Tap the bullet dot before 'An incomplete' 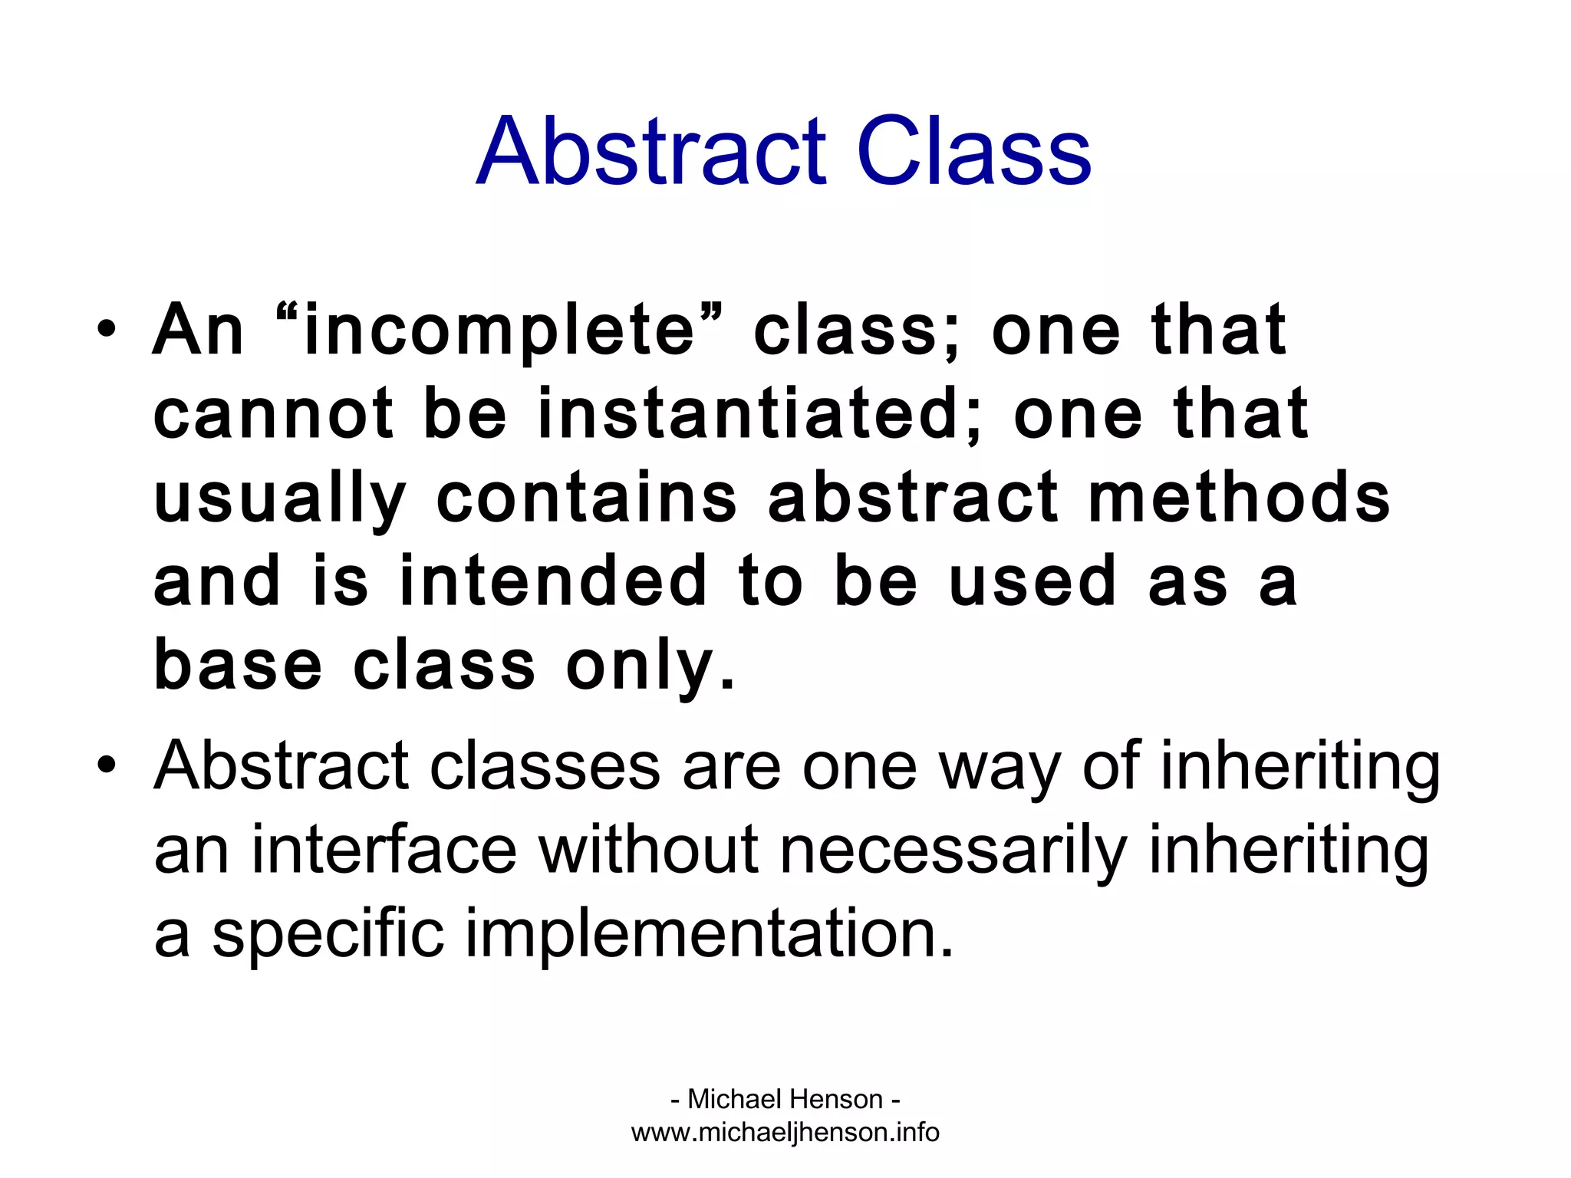click(x=107, y=331)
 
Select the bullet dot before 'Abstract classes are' click(x=107, y=765)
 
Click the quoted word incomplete click(x=499, y=332)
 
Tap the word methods click(x=1238, y=499)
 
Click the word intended click(x=553, y=582)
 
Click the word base click(x=238, y=666)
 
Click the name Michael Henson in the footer click(x=785, y=1099)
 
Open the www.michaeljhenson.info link click(x=785, y=1132)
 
